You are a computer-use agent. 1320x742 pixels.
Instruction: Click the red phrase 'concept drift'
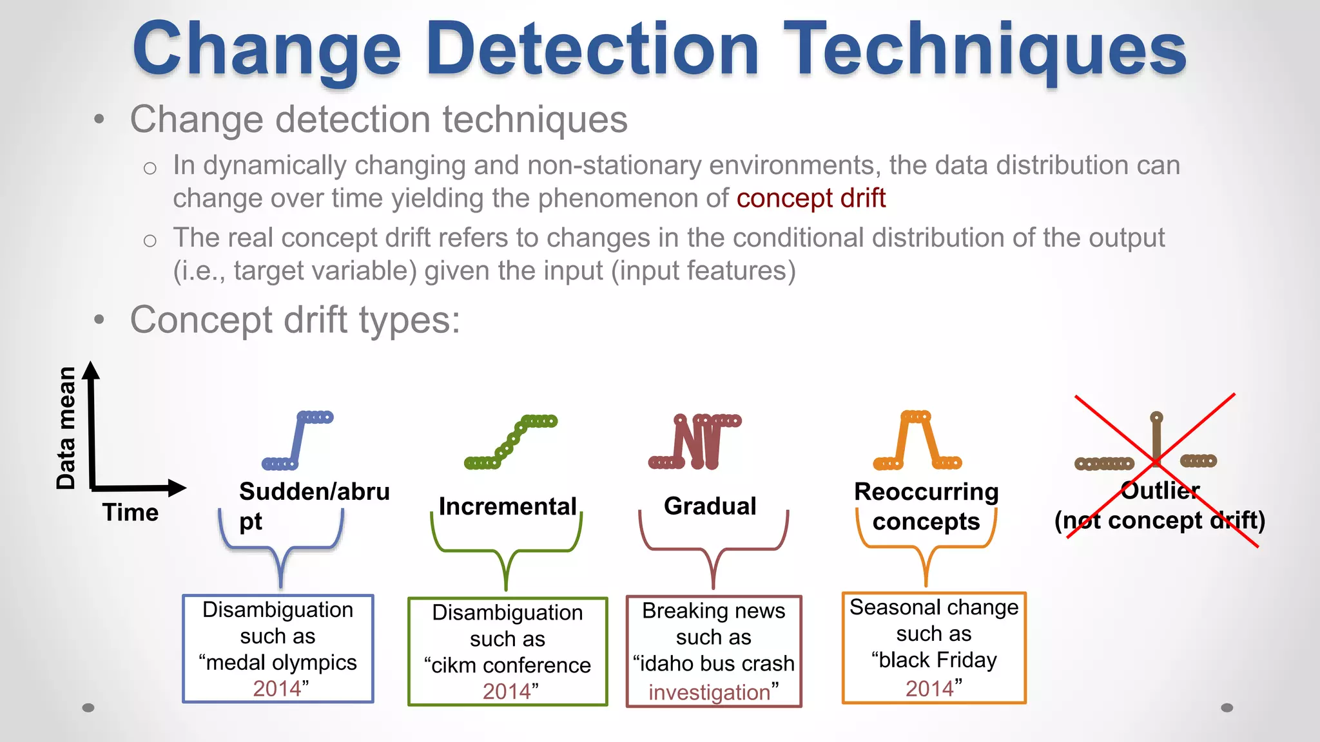(811, 198)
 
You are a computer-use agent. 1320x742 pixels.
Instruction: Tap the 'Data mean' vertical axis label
(66, 428)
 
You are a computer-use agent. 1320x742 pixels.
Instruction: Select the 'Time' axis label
(130, 513)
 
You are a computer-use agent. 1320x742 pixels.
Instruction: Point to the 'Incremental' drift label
(507, 506)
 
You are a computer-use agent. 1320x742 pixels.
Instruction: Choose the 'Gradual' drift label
(710, 506)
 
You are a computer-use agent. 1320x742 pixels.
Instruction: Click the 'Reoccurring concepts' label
(926, 506)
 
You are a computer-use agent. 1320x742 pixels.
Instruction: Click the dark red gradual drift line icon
(695, 442)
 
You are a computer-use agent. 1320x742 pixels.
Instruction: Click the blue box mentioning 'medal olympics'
(278, 649)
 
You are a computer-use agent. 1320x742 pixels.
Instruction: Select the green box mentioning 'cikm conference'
(507, 652)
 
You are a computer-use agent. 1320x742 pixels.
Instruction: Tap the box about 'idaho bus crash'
(713, 651)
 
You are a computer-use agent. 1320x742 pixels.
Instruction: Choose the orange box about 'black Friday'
(934, 647)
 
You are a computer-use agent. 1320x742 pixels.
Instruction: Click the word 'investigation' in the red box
(709, 692)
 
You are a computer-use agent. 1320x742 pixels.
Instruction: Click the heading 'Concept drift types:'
(295, 320)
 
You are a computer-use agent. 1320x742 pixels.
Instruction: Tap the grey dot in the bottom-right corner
(1227, 708)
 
